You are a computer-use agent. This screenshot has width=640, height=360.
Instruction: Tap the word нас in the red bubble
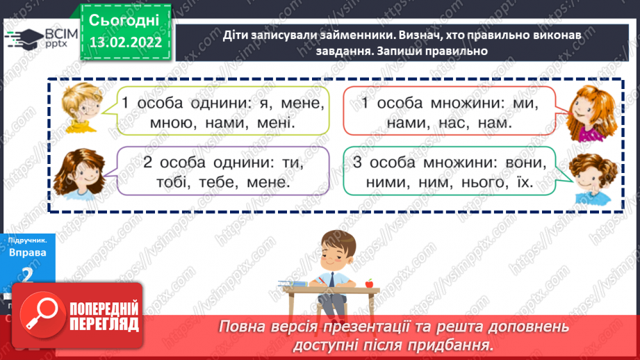459,124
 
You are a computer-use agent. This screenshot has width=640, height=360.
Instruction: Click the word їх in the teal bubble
524,183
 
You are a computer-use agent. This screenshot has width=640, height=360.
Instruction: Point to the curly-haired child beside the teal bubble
591,177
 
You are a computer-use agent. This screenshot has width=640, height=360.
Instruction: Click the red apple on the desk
369,283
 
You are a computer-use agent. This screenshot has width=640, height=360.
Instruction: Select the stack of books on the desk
293,283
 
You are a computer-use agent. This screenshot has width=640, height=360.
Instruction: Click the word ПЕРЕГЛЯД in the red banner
103,325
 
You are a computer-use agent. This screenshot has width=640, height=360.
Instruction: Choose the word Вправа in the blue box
28,253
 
